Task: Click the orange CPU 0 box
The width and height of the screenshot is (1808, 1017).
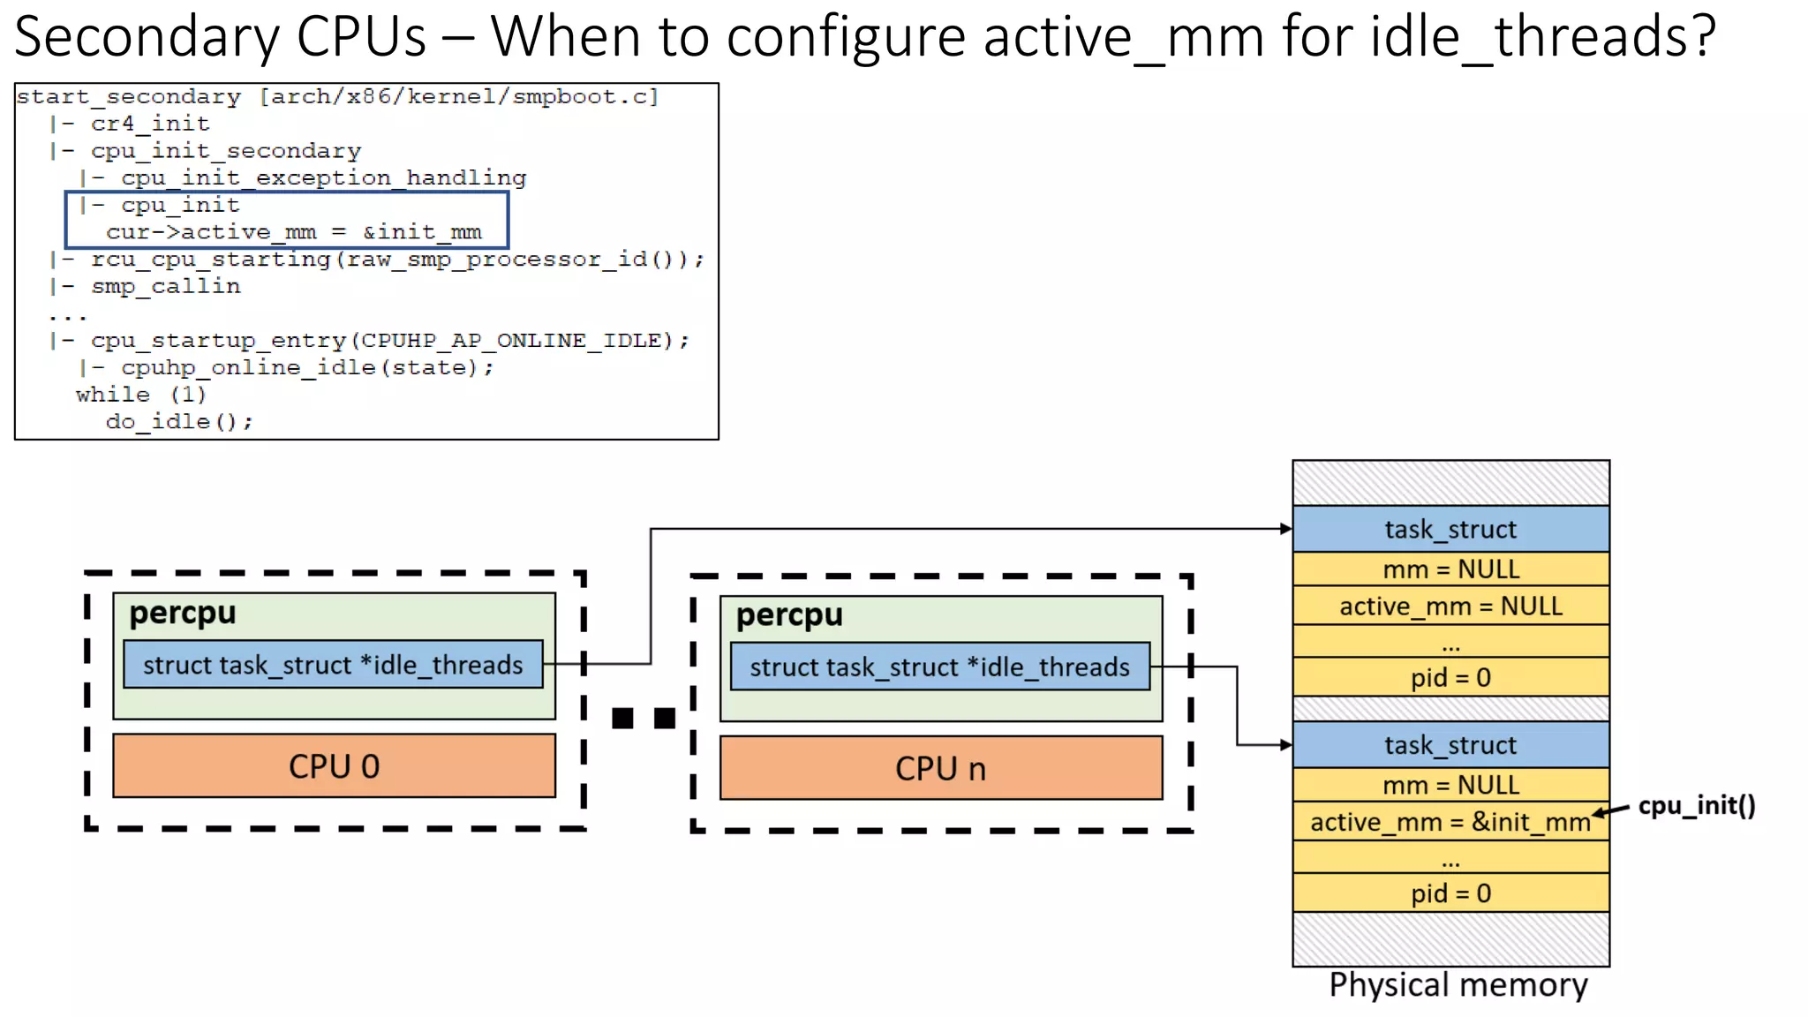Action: point(334,765)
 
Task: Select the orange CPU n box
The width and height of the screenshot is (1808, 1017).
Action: point(940,768)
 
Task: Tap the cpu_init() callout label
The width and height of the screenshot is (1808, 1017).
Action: point(1696,805)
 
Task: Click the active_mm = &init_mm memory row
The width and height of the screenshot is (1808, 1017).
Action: point(1450,822)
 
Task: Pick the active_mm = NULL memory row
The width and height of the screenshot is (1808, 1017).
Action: point(1450,606)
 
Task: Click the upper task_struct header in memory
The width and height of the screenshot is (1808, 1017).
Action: point(1450,529)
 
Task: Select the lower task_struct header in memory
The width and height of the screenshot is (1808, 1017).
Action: point(1450,745)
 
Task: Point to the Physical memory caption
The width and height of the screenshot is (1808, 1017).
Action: point(1458,984)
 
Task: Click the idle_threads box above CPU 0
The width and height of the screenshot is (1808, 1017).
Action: point(333,665)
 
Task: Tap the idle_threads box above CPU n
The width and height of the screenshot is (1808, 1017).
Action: point(939,667)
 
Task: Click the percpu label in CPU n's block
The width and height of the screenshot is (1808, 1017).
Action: point(789,615)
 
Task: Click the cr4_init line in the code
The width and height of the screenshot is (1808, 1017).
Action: point(150,124)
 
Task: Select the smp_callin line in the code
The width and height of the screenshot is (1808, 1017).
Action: point(165,286)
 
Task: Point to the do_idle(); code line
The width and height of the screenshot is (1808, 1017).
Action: point(179,421)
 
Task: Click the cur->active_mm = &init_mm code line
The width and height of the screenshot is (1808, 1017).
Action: point(294,232)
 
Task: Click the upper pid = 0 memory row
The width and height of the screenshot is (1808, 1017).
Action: point(1450,677)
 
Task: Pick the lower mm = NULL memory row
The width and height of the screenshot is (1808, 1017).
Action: point(1450,785)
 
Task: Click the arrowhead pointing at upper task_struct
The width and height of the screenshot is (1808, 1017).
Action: point(1286,529)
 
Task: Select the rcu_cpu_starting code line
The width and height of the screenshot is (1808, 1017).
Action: point(396,260)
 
